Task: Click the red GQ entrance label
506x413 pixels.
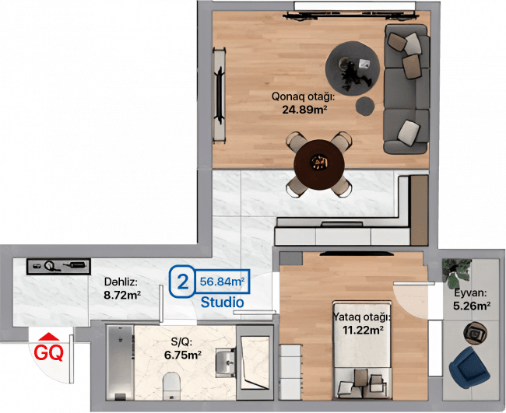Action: (49, 352)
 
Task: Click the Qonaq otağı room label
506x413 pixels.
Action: (302, 96)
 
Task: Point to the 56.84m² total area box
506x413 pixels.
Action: (222, 282)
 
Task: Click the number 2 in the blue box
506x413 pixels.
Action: (183, 282)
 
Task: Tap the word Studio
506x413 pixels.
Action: (223, 303)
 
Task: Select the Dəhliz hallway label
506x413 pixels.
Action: (121, 282)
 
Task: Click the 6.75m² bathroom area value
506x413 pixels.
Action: (183, 355)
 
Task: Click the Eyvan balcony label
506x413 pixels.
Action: (470, 293)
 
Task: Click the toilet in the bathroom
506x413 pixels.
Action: (171, 386)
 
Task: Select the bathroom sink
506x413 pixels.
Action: (227, 362)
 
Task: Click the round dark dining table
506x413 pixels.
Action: (319, 165)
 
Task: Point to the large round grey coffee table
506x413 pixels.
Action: (353, 68)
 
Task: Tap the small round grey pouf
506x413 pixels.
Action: (365, 106)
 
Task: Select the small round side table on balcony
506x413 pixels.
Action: (476, 332)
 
